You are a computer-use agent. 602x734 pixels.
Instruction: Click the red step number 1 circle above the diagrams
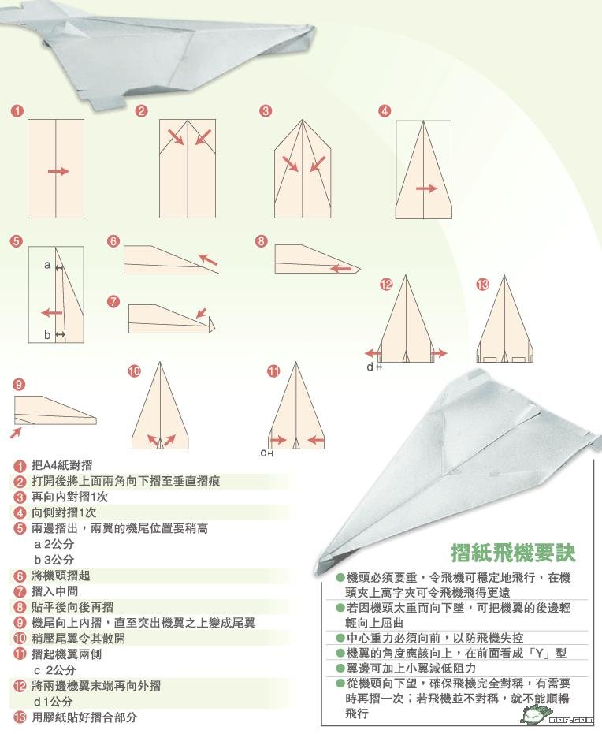pos(17,111)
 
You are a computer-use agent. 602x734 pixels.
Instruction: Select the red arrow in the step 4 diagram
pos(426,188)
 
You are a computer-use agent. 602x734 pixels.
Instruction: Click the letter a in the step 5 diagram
pos(47,266)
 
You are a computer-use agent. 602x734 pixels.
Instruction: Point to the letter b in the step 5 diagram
pos(47,335)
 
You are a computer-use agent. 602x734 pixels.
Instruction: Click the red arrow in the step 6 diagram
pos(208,259)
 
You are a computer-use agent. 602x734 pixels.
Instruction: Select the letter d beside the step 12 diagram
pos(370,367)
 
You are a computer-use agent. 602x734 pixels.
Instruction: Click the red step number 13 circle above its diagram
pos(483,285)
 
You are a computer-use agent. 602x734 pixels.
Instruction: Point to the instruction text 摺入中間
pos(55,591)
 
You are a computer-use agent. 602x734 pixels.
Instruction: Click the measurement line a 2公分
pos(54,544)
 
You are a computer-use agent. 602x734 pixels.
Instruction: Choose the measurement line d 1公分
pos(54,701)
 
